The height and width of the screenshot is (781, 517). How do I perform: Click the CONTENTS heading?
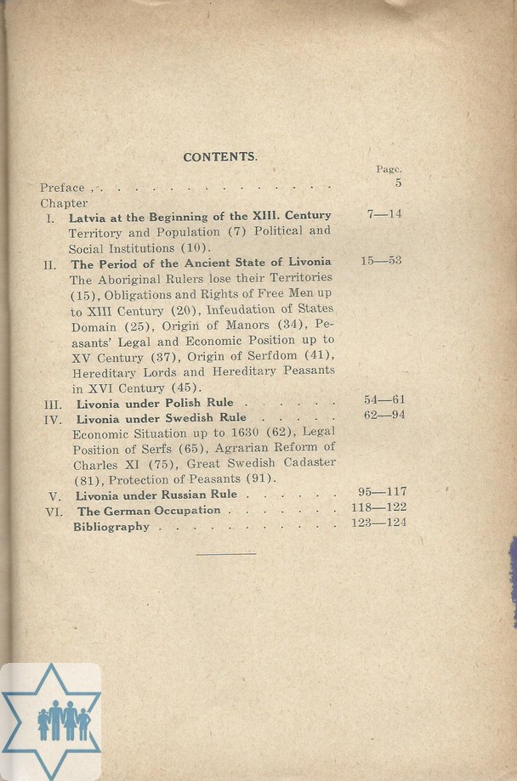(219, 157)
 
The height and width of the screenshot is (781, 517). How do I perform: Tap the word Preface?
(62, 188)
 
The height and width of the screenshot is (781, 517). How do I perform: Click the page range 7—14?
(384, 214)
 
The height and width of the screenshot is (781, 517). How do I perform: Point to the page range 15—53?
(381, 261)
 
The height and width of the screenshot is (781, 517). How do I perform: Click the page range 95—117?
(378, 491)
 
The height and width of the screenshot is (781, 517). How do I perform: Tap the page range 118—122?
(378, 507)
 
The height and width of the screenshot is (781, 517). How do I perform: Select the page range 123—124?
(378, 523)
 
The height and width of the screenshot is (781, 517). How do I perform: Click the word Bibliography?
(111, 527)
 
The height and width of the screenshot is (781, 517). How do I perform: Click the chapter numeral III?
(52, 405)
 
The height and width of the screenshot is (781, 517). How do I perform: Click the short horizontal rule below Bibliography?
(225, 554)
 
